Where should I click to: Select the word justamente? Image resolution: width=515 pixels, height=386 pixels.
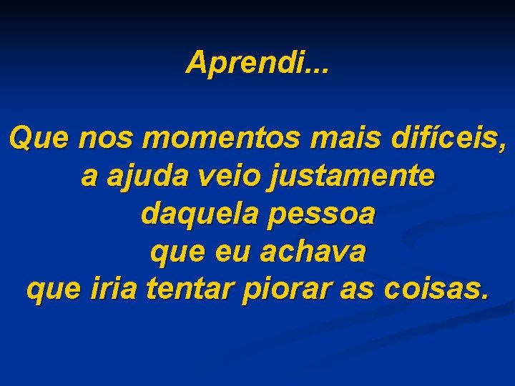pyautogui.click(x=350, y=177)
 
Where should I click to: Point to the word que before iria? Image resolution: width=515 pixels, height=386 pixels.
pyautogui.click(x=54, y=290)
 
